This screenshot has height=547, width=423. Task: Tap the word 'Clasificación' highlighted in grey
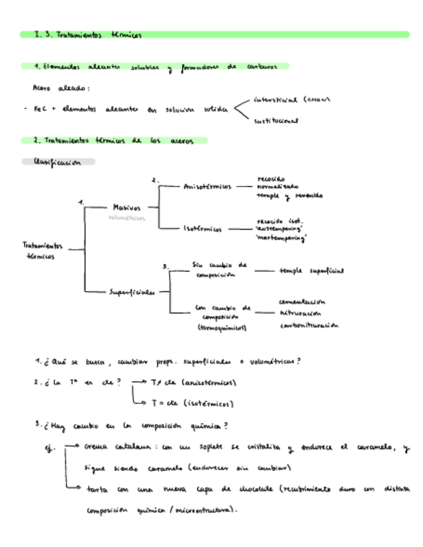[x=56, y=163]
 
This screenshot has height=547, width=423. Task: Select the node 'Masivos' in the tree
[x=126, y=208]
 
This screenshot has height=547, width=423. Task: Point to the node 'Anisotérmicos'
[x=208, y=186]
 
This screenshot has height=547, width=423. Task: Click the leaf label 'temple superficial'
[x=311, y=271]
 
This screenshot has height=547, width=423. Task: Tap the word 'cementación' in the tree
[x=302, y=301]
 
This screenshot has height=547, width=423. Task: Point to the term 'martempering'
[x=281, y=237]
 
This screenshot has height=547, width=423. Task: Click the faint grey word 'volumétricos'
[x=127, y=218]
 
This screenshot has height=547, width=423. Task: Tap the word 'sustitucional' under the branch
[x=276, y=120]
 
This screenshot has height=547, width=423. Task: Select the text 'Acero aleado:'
[x=61, y=88]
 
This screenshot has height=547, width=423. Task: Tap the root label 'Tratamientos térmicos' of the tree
[x=42, y=250]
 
